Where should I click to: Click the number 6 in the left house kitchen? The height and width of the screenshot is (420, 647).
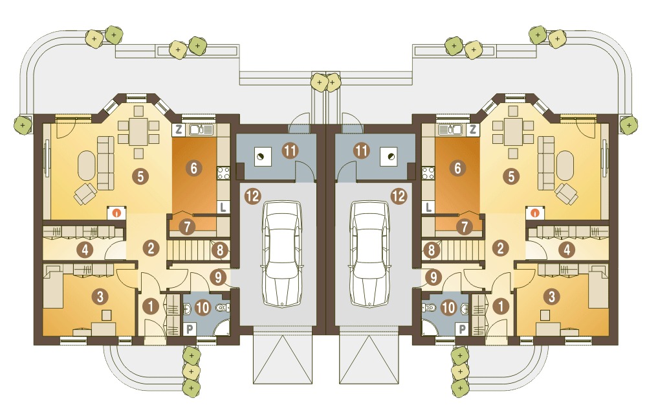click(194, 169)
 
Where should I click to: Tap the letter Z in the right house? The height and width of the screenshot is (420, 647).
click(473, 130)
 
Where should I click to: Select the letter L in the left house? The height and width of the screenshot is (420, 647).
click(223, 207)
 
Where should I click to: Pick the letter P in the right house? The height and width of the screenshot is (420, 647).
click(463, 329)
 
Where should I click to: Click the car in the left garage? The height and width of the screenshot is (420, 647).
click(283, 254)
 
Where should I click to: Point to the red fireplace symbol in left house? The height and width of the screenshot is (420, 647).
click(117, 213)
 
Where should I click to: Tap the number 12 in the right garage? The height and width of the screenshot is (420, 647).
click(399, 196)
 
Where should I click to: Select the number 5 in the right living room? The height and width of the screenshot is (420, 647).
click(511, 176)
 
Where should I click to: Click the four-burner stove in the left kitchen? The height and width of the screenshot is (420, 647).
click(224, 173)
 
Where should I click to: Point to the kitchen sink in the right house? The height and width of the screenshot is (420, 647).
click(450, 130)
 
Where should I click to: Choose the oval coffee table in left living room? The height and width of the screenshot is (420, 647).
click(86, 165)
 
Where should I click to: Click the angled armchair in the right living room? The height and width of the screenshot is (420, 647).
click(567, 193)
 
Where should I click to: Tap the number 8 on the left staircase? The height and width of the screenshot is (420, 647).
click(220, 250)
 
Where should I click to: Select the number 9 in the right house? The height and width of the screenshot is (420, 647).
click(433, 277)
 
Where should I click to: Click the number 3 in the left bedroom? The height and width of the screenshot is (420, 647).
click(100, 296)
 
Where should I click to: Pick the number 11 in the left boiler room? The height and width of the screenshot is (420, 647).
click(290, 150)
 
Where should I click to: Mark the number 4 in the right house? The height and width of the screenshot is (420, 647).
click(567, 250)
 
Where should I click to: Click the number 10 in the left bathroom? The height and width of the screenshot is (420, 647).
click(202, 308)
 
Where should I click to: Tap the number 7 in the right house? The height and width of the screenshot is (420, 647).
click(465, 227)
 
